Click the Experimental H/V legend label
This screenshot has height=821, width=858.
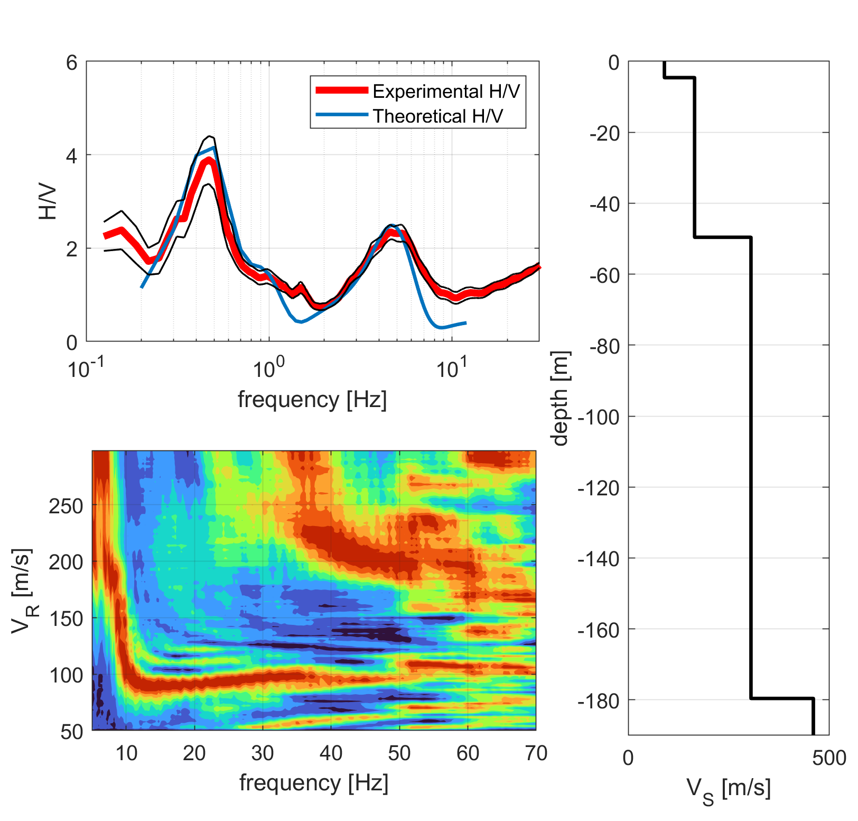446,91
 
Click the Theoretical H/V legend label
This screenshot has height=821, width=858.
438,116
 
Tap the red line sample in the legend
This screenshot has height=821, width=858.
342,90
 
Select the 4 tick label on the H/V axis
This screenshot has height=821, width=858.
72,155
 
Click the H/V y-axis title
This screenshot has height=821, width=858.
48,201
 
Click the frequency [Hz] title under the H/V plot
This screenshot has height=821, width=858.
312,400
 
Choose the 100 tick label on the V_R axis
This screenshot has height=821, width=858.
66,675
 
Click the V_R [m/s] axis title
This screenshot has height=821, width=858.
24,591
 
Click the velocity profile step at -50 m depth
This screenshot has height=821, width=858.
723,238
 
